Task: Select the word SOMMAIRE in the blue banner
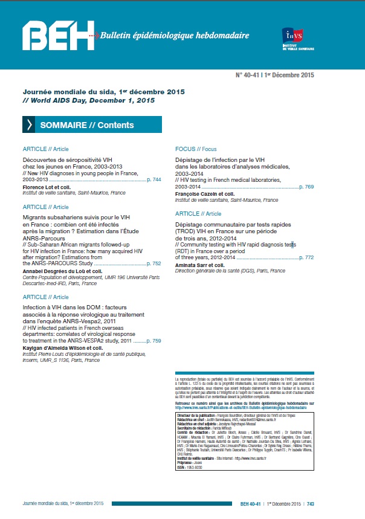point(63,125)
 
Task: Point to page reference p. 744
point(154,180)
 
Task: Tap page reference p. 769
point(306,187)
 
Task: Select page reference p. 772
point(306,257)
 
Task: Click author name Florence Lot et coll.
point(47,187)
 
